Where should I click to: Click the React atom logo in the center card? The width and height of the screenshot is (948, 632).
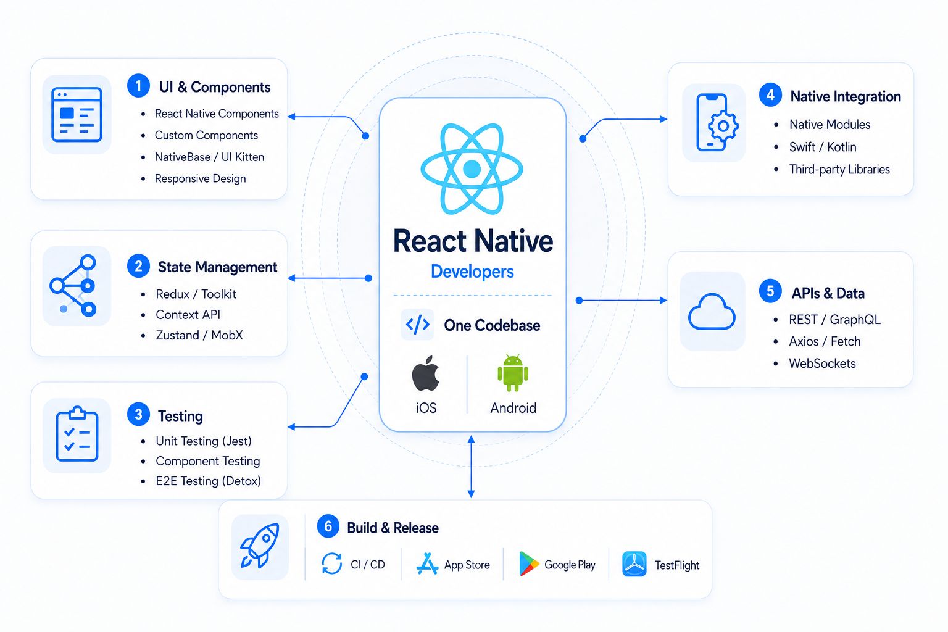pyautogui.click(x=472, y=169)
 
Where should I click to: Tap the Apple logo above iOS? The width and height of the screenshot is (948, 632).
pyautogui.click(x=425, y=373)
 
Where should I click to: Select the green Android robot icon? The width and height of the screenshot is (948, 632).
pyautogui.click(x=513, y=373)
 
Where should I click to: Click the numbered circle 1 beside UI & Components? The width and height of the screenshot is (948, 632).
pyautogui.click(x=138, y=86)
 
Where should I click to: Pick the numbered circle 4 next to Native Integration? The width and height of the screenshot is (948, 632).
pyautogui.click(x=770, y=94)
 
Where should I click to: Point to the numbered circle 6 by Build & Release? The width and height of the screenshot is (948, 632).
pyautogui.click(x=328, y=526)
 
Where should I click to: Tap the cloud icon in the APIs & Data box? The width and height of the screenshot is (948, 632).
pyautogui.click(x=712, y=312)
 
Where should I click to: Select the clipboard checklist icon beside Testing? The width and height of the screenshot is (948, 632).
pyautogui.click(x=77, y=434)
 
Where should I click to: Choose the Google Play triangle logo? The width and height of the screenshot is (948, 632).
pyautogui.click(x=529, y=564)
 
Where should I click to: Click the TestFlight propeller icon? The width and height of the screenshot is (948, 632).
pyautogui.click(x=634, y=564)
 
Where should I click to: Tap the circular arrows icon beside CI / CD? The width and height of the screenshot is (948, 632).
pyautogui.click(x=332, y=563)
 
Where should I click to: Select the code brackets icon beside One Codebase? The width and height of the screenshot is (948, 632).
pyautogui.click(x=418, y=325)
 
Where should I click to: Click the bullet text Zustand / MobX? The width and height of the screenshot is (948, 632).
pyautogui.click(x=199, y=335)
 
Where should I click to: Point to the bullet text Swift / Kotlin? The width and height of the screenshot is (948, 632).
pyautogui.click(x=823, y=147)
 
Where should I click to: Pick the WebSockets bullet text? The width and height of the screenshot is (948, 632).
pyautogui.click(x=822, y=363)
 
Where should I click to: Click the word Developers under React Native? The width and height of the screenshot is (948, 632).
pyautogui.click(x=472, y=272)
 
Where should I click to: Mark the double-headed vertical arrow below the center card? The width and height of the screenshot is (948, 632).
pyautogui.click(x=471, y=467)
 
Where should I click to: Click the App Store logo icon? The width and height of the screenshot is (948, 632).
pyautogui.click(x=427, y=563)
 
